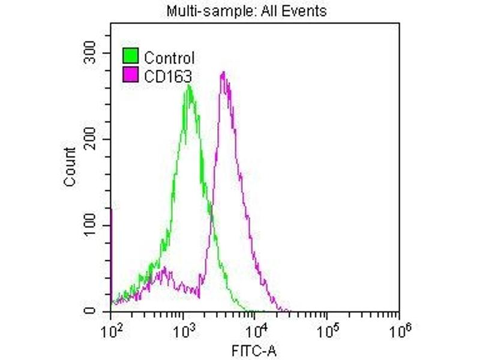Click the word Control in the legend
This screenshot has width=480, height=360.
click(x=169, y=58)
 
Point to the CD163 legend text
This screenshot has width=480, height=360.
click(x=165, y=75)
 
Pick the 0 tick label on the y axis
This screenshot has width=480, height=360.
click(x=91, y=311)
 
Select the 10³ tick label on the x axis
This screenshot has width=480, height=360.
click(x=184, y=329)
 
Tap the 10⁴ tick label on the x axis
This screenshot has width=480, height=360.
click(x=256, y=329)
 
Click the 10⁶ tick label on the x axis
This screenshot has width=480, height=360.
click(x=398, y=329)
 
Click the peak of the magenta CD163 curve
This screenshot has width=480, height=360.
click(x=223, y=73)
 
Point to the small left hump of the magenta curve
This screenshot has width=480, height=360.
click(x=163, y=270)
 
